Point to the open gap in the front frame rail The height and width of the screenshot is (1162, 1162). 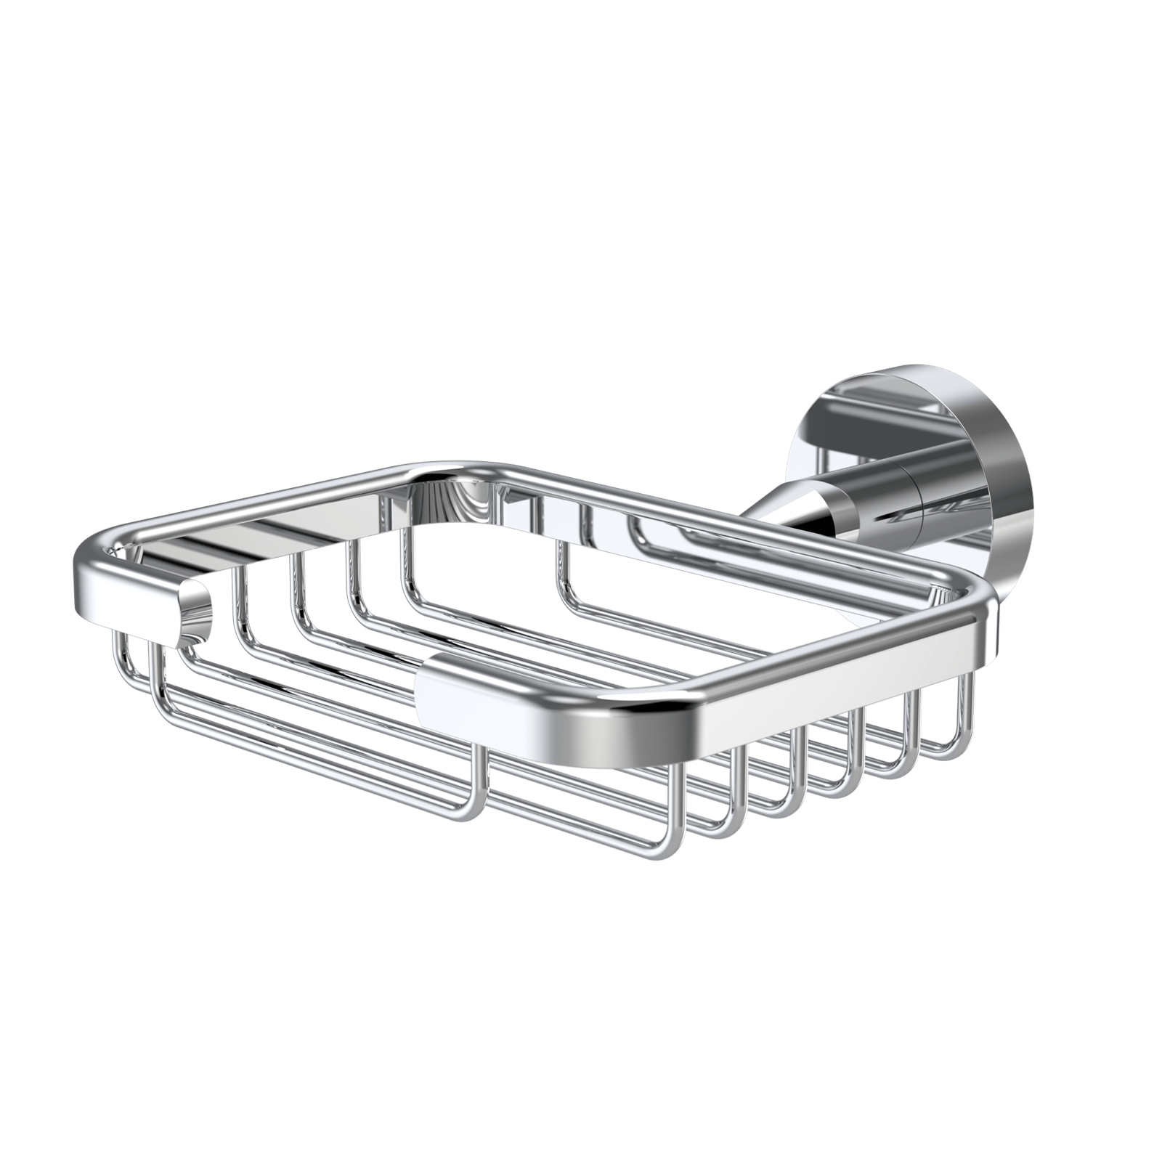click(312, 639)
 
